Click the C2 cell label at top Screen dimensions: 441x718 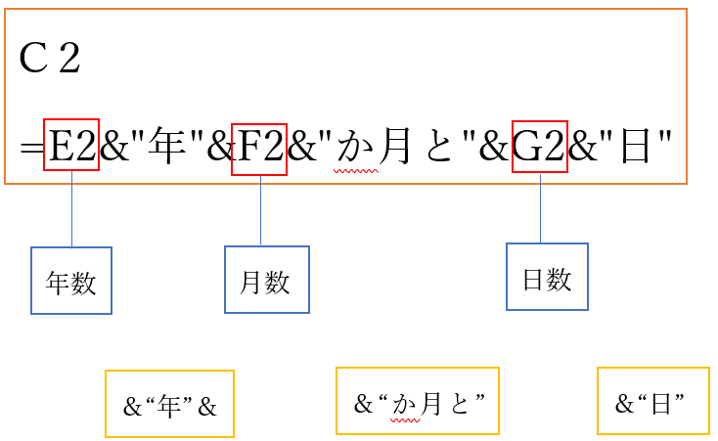coord(50,60)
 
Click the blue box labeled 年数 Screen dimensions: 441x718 coord(71,281)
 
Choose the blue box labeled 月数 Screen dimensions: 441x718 coord(266,280)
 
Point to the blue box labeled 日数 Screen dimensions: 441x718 coord(547,277)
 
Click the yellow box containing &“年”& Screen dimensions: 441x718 coord(169,404)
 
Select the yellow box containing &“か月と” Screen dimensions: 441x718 coord(418,401)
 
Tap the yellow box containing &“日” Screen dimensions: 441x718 coord(652,401)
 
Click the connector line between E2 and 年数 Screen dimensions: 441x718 coord(72,209)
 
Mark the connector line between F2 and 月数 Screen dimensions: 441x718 coord(260,210)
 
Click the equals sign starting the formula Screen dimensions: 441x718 coord(32,150)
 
